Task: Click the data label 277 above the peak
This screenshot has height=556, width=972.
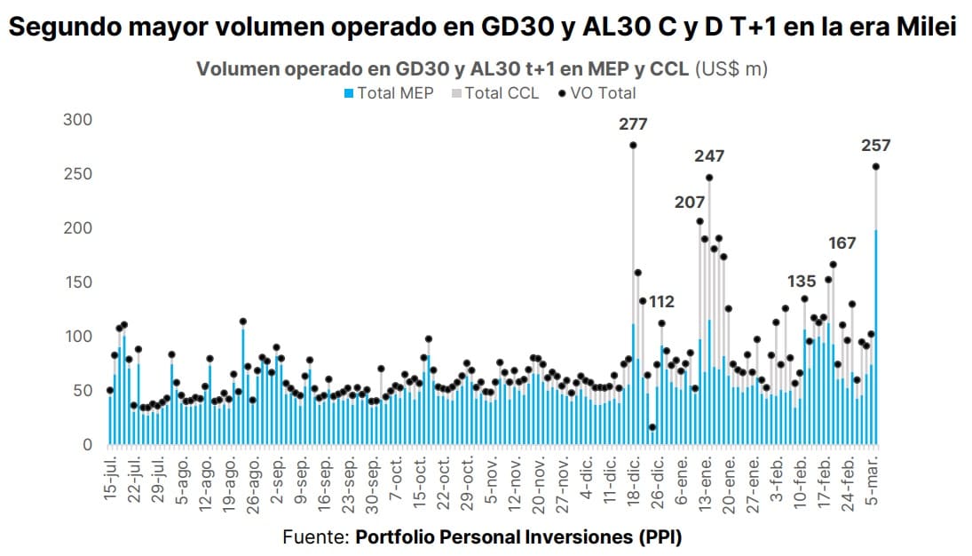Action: pyautogui.click(x=634, y=124)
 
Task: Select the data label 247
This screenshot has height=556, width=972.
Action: pyautogui.click(x=709, y=156)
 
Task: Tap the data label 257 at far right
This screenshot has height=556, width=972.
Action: pyautogui.click(x=875, y=146)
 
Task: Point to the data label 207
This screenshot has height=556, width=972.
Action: pyautogui.click(x=690, y=203)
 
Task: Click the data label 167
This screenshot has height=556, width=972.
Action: pyautogui.click(x=843, y=243)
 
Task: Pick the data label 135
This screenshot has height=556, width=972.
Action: pyautogui.click(x=802, y=282)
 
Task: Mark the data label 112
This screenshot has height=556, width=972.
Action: pyautogui.click(x=661, y=302)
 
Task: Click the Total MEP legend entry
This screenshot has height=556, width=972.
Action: pyautogui.click(x=388, y=93)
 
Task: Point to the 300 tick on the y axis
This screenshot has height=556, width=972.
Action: pyautogui.click(x=76, y=120)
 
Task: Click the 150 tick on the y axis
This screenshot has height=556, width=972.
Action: pyautogui.click(x=76, y=282)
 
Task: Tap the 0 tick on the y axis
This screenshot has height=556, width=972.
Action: pyautogui.click(x=87, y=445)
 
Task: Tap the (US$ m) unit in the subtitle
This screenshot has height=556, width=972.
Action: pyautogui.click(x=731, y=69)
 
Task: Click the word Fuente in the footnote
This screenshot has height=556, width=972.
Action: pyautogui.click(x=315, y=537)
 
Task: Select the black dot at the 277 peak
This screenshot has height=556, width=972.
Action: pyautogui.click(x=633, y=146)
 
